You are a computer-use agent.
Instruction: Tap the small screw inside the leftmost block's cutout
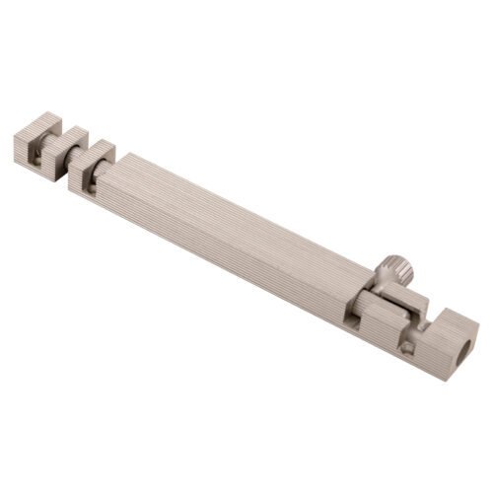click(x=35, y=154)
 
